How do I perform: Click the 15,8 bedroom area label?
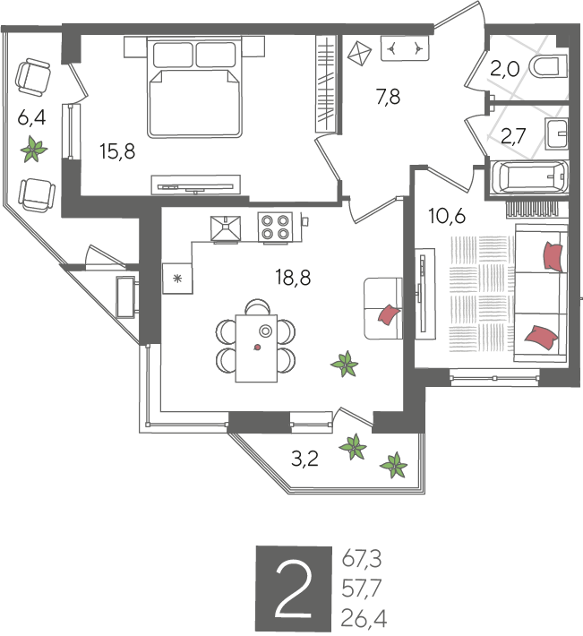117,151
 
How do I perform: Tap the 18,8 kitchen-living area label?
293,278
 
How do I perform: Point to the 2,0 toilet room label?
504,70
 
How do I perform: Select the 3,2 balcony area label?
304,460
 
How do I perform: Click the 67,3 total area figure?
362,560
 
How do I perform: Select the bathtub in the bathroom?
527,177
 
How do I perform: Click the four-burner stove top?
275,228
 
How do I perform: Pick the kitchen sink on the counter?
226,228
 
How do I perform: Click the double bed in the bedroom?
194,87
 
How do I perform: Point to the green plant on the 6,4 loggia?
34,150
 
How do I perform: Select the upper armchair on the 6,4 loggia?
33,77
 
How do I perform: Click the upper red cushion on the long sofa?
553,256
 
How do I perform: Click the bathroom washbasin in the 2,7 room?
556,133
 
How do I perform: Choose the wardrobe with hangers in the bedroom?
326,83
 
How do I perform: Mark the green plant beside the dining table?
345,364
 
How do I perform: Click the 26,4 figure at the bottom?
364,619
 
